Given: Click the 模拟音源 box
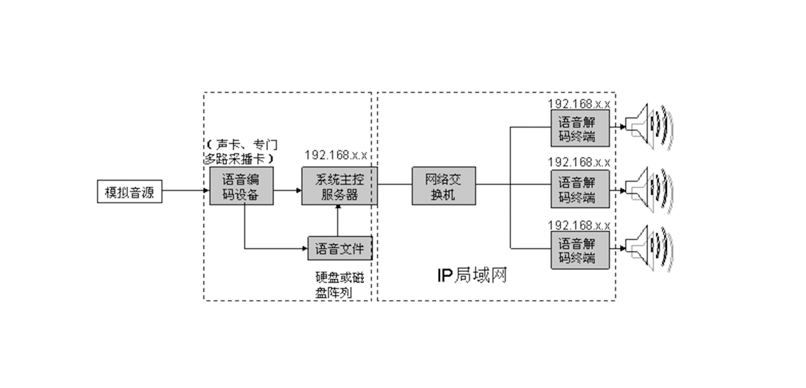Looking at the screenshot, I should [x=130, y=191].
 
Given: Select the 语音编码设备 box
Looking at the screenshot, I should [x=241, y=187].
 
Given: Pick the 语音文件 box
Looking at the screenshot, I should [x=339, y=248].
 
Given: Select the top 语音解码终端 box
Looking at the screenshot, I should [x=580, y=128].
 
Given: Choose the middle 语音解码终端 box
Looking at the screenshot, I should [x=580, y=189].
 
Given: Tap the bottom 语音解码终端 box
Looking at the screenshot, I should [x=580, y=250].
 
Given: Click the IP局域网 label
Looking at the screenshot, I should [x=471, y=275].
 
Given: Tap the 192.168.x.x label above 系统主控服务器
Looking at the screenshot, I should [x=335, y=155].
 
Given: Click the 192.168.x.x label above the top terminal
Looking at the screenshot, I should [x=579, y=103].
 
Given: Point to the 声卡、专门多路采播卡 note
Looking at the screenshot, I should [x=241, y=152].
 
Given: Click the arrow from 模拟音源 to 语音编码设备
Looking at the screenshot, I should [x=185, y=191].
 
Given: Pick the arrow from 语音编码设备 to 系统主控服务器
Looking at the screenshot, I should [x=287, y=191].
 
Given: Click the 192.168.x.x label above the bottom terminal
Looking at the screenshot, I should [x=579, y=224].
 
